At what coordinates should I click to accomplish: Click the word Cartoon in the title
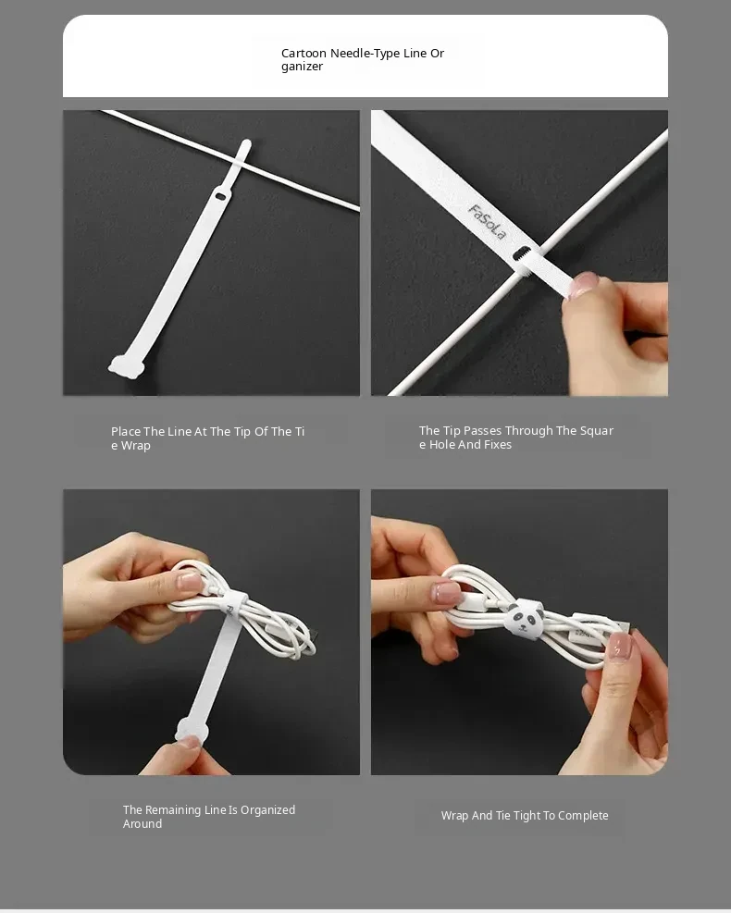click(304, 53)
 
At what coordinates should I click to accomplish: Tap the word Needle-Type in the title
click(365, 54)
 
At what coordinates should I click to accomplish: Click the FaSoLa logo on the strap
click(487, 222)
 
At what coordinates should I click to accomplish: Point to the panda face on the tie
click(525, 618)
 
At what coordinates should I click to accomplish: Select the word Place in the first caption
click(126, 431)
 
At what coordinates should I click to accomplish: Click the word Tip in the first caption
click(242, 432)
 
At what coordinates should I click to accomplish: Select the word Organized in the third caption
click(268, 810)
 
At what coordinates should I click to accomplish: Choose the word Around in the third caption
click(142, 824)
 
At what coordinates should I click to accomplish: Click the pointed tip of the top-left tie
click(246, 143)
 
